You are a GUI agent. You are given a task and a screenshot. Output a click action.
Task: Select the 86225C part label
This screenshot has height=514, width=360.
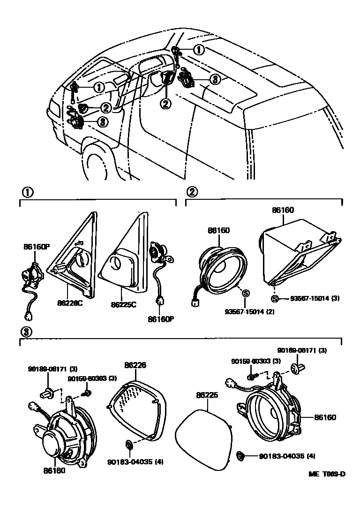pos(124,304)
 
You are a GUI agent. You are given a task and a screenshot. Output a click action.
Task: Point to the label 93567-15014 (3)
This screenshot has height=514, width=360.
pos(315,298)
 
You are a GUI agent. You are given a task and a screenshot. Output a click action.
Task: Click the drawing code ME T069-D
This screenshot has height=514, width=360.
pos(327,473)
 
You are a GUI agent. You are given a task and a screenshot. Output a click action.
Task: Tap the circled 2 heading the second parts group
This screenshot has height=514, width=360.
pos(191,192)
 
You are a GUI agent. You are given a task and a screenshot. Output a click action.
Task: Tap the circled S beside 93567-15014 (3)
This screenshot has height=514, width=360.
pos(275,298)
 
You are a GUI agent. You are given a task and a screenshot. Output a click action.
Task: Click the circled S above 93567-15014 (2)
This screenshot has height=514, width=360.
pos(246,294)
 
